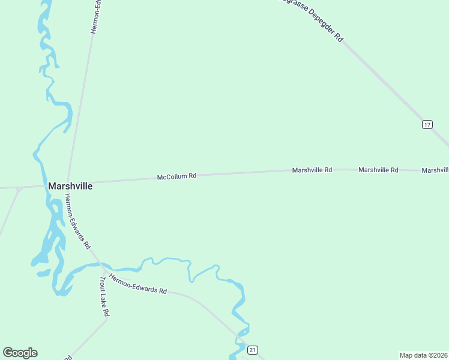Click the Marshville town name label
coord(70,186)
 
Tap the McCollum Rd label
coord(176,176)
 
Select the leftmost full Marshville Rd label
coord(312,170)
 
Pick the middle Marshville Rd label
coord(378,170)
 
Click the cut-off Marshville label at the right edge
coord(435,170)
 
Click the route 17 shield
coord(427,124)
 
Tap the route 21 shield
coord(253,350)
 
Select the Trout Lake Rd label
coord(105,296)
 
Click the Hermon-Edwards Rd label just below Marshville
coord(77,221)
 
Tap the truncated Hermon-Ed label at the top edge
coord(95,16)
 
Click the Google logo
coord(20,353)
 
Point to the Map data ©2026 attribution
coord(423,355)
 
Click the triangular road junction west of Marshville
coord(19,190)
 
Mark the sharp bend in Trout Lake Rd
coord(106,320)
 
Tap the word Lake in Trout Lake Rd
coord(105,297)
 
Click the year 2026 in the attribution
coord(439,355)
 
